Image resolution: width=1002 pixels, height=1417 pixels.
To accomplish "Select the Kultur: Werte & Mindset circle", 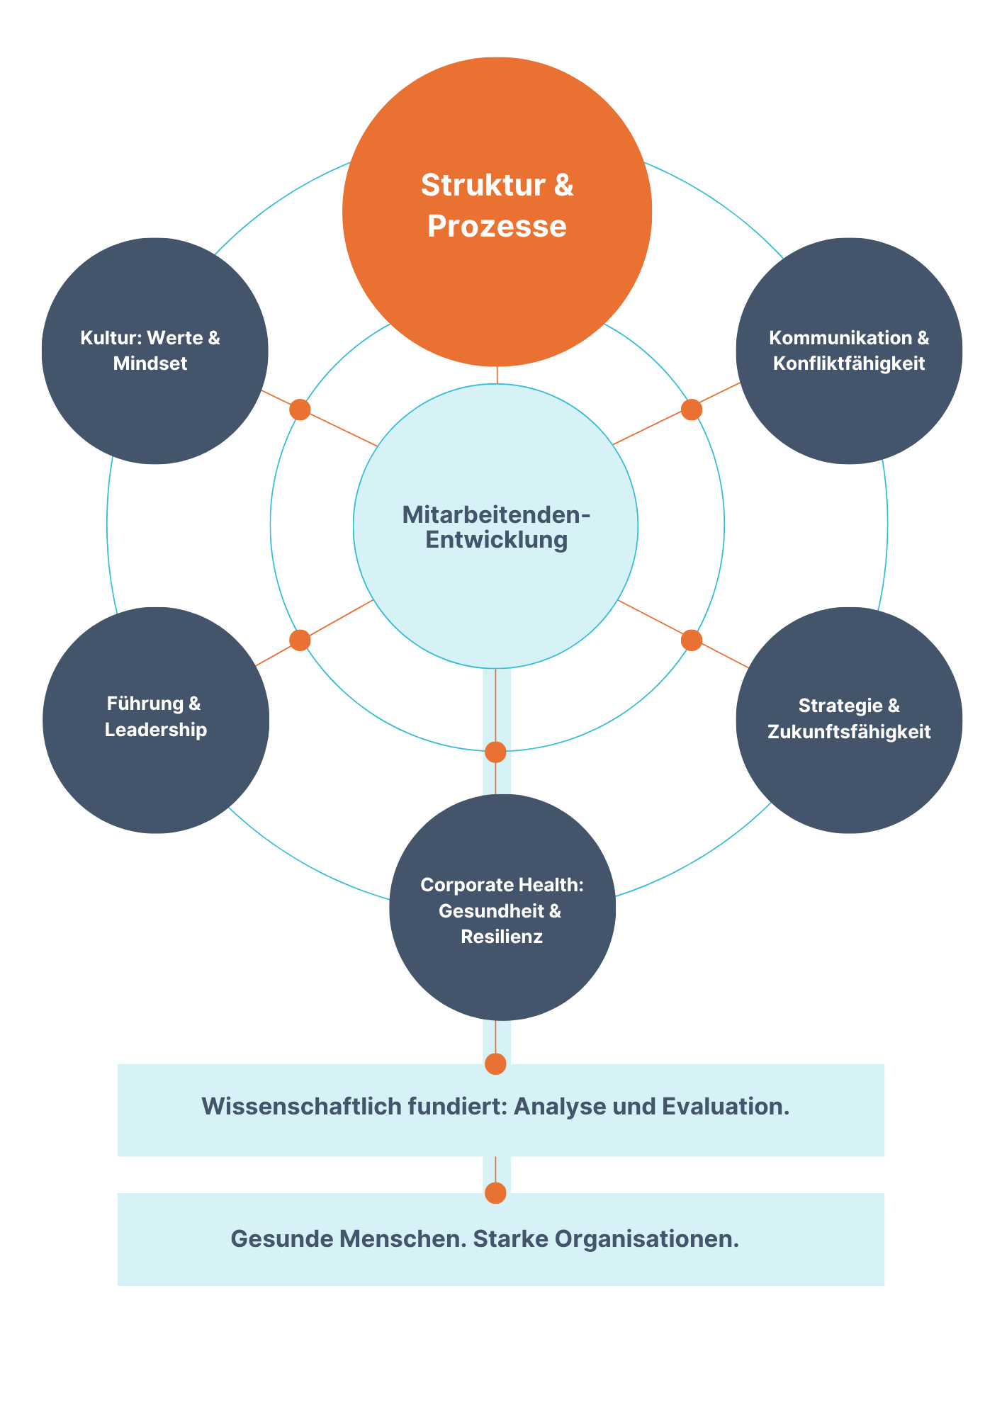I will [154, 351].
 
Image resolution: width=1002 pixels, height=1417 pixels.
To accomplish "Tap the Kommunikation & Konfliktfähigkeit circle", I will [849, 351].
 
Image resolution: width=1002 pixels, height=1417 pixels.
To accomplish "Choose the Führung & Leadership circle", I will [156, 720].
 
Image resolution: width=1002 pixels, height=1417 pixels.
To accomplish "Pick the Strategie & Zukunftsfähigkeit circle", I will [849, 720].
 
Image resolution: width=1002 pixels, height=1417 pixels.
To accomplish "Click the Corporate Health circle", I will [502, 907].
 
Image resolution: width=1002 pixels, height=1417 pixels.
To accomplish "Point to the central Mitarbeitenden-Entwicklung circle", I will [495, 526].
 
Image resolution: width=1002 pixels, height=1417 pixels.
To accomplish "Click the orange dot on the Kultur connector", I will [300, 410].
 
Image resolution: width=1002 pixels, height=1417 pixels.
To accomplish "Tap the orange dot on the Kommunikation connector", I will [691, 410].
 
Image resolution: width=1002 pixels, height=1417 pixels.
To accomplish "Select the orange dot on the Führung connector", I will [300, 640].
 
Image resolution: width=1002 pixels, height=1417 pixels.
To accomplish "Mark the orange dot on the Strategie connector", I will [691, 640].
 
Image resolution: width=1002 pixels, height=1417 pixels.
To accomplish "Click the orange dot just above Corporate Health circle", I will [495, 752].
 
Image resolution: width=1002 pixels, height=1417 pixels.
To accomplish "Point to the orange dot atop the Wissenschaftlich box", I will [495, 1063].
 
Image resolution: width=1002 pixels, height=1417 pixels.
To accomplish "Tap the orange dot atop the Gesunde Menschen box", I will [495, 1193].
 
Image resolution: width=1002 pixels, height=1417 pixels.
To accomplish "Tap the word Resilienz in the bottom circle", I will [502, 937].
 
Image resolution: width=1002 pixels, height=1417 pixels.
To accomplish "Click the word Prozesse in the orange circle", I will [497, 227].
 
